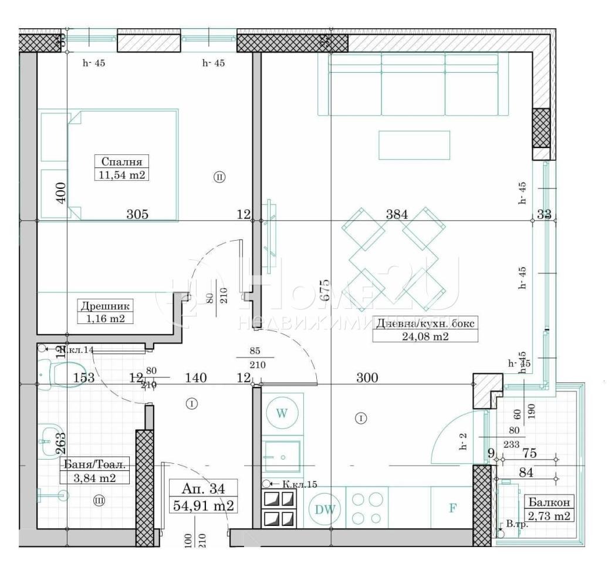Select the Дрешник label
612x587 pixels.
coord(106,305)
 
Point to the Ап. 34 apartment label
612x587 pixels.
coord(203,488)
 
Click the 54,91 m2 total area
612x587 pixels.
coord(203,504)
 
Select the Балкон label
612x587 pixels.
coord(549,502)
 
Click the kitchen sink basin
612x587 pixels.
coord(281,456)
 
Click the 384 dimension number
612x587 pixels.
coord(397,214)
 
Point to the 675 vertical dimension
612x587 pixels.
coord(326,289)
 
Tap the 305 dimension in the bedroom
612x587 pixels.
coord(137,214)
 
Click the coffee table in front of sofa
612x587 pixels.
coord(414,145)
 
